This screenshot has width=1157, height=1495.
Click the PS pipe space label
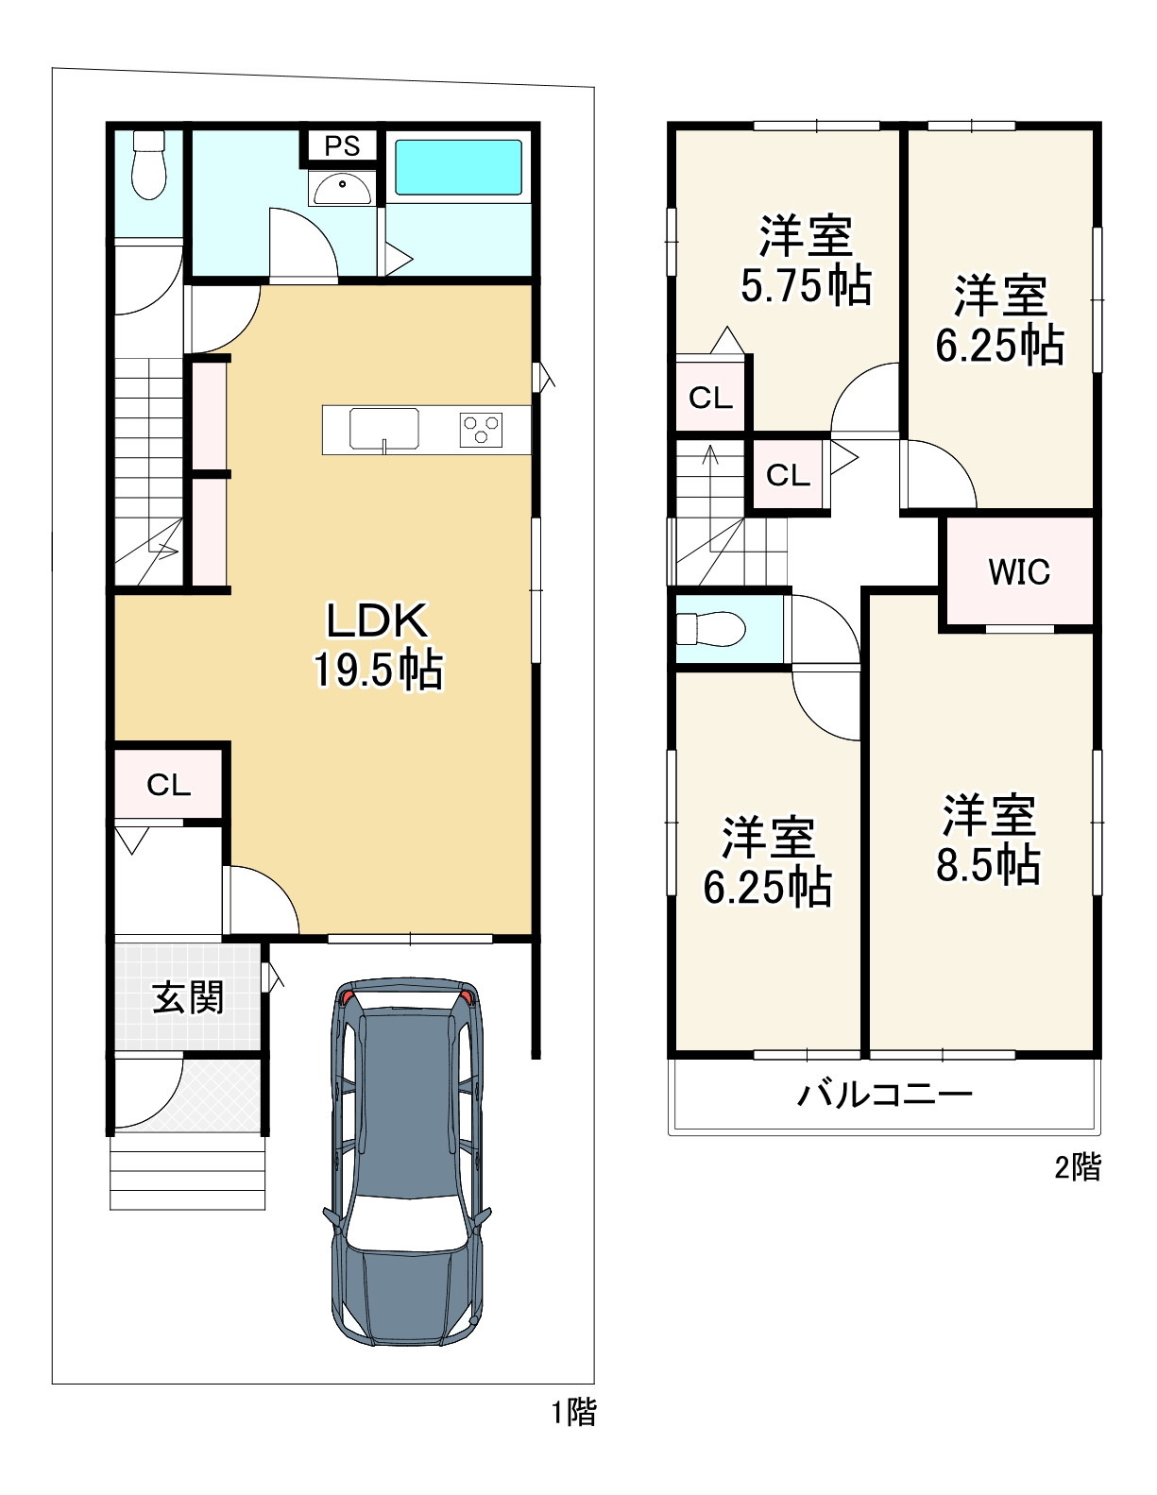point(342,145)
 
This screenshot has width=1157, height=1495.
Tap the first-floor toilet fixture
point(148,165)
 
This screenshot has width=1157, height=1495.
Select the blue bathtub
point(458,168)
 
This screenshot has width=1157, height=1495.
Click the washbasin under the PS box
point(342,189)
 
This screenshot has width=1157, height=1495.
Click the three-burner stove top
point(481,430)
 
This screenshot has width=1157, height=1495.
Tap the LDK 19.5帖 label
point(378,645)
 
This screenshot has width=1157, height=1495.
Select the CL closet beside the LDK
point(168,784)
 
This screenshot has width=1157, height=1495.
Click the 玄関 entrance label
point(188,997)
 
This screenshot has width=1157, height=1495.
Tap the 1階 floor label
point(573,1413)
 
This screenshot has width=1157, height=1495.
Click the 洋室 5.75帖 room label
point(806,260)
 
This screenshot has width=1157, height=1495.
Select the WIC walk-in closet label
point(1019,571)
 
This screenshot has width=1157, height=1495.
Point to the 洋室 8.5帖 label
point(989,840)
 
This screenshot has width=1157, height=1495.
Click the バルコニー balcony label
point(885,1094)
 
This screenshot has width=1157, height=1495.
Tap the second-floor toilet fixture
point(711,629)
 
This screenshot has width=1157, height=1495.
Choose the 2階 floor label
point(1078,1167)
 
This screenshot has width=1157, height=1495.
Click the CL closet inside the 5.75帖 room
point(710,397)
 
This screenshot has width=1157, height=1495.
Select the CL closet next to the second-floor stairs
point(788,475)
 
